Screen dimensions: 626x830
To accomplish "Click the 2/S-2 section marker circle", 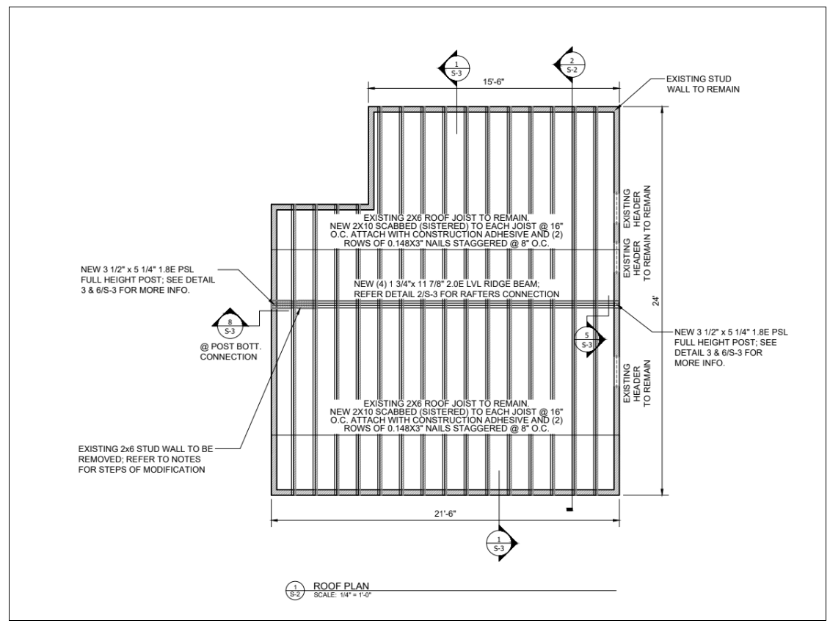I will (x=572, y=65).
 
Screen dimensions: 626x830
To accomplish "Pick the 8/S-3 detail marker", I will (x=229, y=321).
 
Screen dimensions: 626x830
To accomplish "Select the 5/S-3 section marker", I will (x=587, y=338).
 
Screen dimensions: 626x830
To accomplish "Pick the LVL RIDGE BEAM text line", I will (x=445, y=284).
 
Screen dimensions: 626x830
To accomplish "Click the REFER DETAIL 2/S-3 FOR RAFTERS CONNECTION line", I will (x=445, y=294).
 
